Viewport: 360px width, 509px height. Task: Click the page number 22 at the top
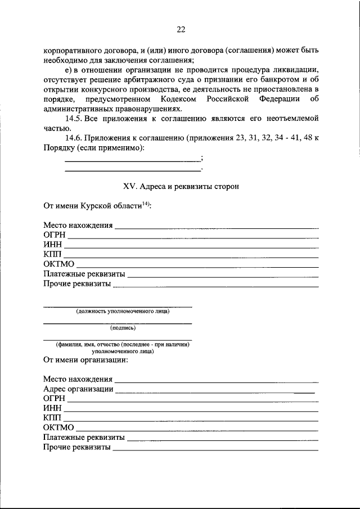click(181, 29)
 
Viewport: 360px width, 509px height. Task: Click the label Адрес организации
click(78, 389)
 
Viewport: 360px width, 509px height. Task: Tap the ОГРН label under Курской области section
click(54, 235)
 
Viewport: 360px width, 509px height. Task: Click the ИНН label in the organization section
click(52, 408)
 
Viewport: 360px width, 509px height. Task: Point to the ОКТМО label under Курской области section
click(58, 264)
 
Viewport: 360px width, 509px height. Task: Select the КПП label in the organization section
click(52, 418)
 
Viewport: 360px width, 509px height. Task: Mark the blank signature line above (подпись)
click(118, 323)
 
